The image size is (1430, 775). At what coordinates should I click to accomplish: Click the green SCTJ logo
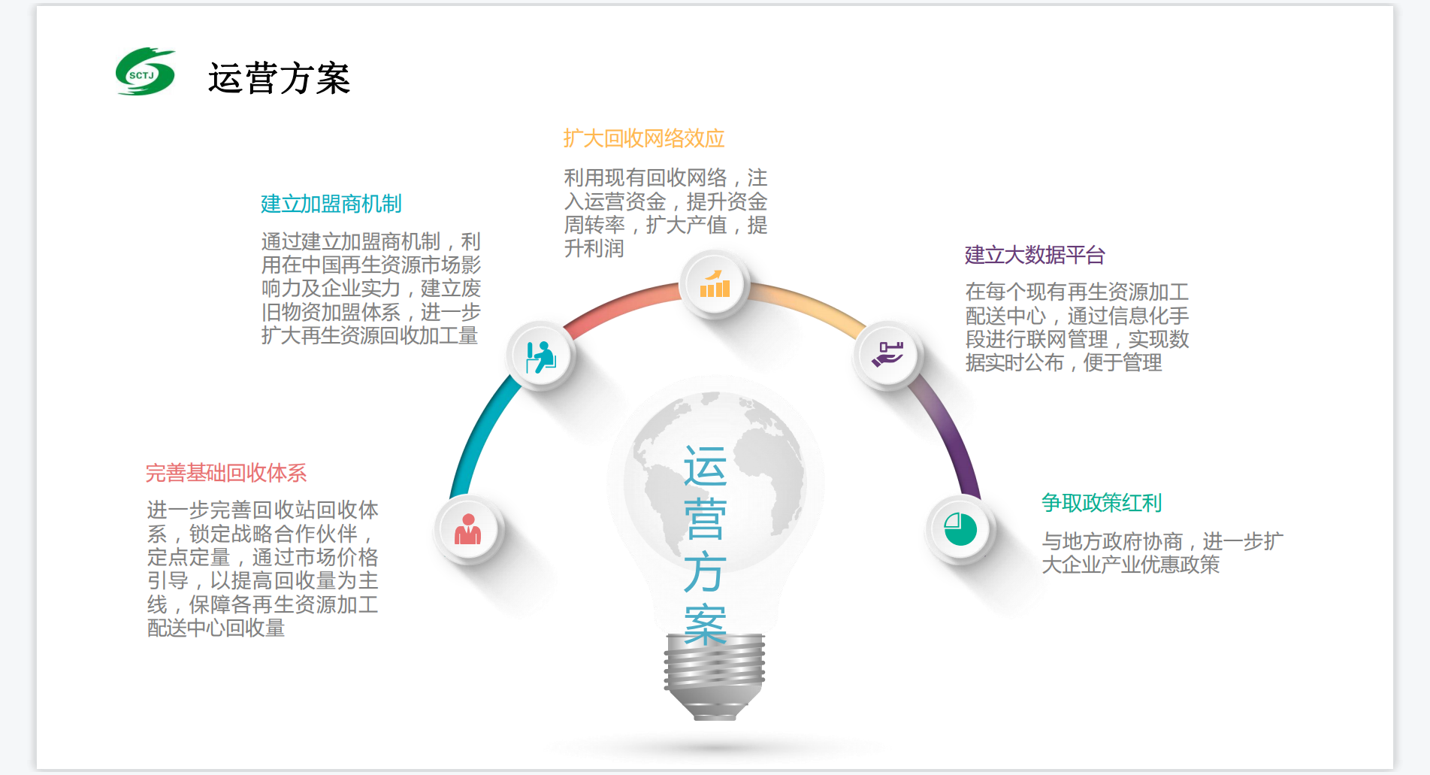pyautogui.click(x=146, y=71)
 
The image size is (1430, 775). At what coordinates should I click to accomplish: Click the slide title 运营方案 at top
pyautogui.click(x=279, y=78)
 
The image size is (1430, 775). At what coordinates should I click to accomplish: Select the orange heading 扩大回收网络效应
pyautogui.click(x=644, y=138)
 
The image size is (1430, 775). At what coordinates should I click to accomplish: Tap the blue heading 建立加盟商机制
pyautogui.click(x=331, y=204)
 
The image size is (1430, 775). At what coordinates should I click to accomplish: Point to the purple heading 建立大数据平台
pyautogui.click(x=1035, y=255)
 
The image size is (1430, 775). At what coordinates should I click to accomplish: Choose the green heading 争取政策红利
pyautogui.click(x=1102, y=502)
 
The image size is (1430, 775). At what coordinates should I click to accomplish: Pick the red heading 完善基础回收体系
pyautogui.click(x=226, y=473)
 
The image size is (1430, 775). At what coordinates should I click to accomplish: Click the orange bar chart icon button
pyautogui.click(x=715, y=285)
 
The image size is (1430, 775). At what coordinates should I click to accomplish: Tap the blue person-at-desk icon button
pyautogui.click(x=541, y=356)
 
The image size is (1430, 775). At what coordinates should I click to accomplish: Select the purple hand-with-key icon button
pyautogui.click(x=887, y=354)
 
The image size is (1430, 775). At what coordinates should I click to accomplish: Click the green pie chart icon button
pyautogui.click(x=960, y=529)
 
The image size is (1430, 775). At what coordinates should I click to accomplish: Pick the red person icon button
pyautogui.click(x=468, y=530)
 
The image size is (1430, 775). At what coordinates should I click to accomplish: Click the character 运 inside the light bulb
pyautogui.click(x=705, y=466)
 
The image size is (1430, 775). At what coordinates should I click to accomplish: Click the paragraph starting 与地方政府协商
pyautogui.click(x=1162, y=552)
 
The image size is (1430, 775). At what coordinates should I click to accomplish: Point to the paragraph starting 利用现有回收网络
pyautogui.click(x=666, y=213)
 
